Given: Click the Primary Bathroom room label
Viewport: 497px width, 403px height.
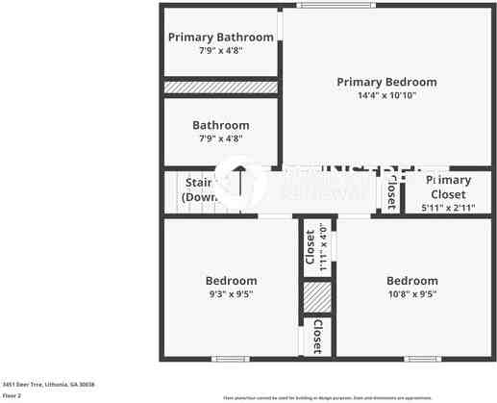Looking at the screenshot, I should tap(220, 38).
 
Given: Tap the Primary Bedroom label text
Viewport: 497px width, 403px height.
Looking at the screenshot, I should tap(386, 83).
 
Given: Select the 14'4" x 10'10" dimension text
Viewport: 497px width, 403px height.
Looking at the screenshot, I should tap(386, 96).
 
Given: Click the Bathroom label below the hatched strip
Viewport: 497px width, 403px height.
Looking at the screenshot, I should tap(220, 125).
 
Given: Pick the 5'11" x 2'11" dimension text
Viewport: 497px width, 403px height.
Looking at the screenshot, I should tap(447, 208).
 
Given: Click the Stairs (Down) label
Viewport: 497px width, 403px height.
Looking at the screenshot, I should tap(199, 189).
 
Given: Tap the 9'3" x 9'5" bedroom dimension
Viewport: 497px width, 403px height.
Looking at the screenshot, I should tap(230, 294).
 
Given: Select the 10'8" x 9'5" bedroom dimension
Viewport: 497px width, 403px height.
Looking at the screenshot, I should tap(411, 294).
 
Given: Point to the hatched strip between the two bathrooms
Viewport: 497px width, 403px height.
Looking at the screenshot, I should tap(220, 88).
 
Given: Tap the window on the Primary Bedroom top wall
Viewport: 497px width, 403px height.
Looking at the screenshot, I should tap(323, 6).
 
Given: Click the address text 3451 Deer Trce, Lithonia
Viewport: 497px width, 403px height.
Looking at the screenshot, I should tap(47, 383).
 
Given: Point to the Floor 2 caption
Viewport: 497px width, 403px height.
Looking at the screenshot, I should tap(12, 394).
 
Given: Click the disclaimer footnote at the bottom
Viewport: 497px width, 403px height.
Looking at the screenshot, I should tap(327, 397).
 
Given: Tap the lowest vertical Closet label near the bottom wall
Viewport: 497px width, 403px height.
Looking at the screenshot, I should tap(316, 337).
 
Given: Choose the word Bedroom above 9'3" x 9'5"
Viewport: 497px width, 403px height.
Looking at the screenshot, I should tap(230, 281).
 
